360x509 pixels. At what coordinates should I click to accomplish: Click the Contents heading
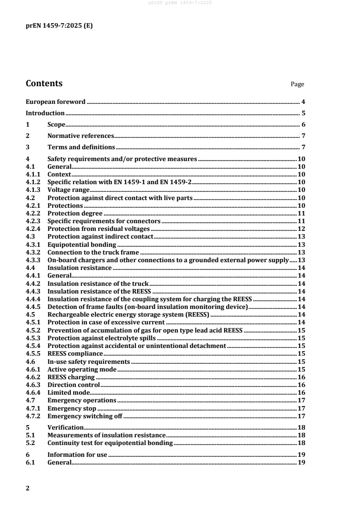[44, 83]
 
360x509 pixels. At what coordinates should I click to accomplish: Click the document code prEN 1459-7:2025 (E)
[59, 26]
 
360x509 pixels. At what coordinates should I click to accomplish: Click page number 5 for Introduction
[303, 113]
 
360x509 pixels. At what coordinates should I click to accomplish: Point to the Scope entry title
[57, 125]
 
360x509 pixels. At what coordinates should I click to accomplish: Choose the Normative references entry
[80, 136]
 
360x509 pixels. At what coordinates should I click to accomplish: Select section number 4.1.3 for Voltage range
[32, 190]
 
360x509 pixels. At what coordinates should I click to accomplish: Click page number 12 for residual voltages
[301, 229]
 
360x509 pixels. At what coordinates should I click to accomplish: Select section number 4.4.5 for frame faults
[32, 307]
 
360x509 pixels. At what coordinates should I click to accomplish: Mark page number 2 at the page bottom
[28, 488]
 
